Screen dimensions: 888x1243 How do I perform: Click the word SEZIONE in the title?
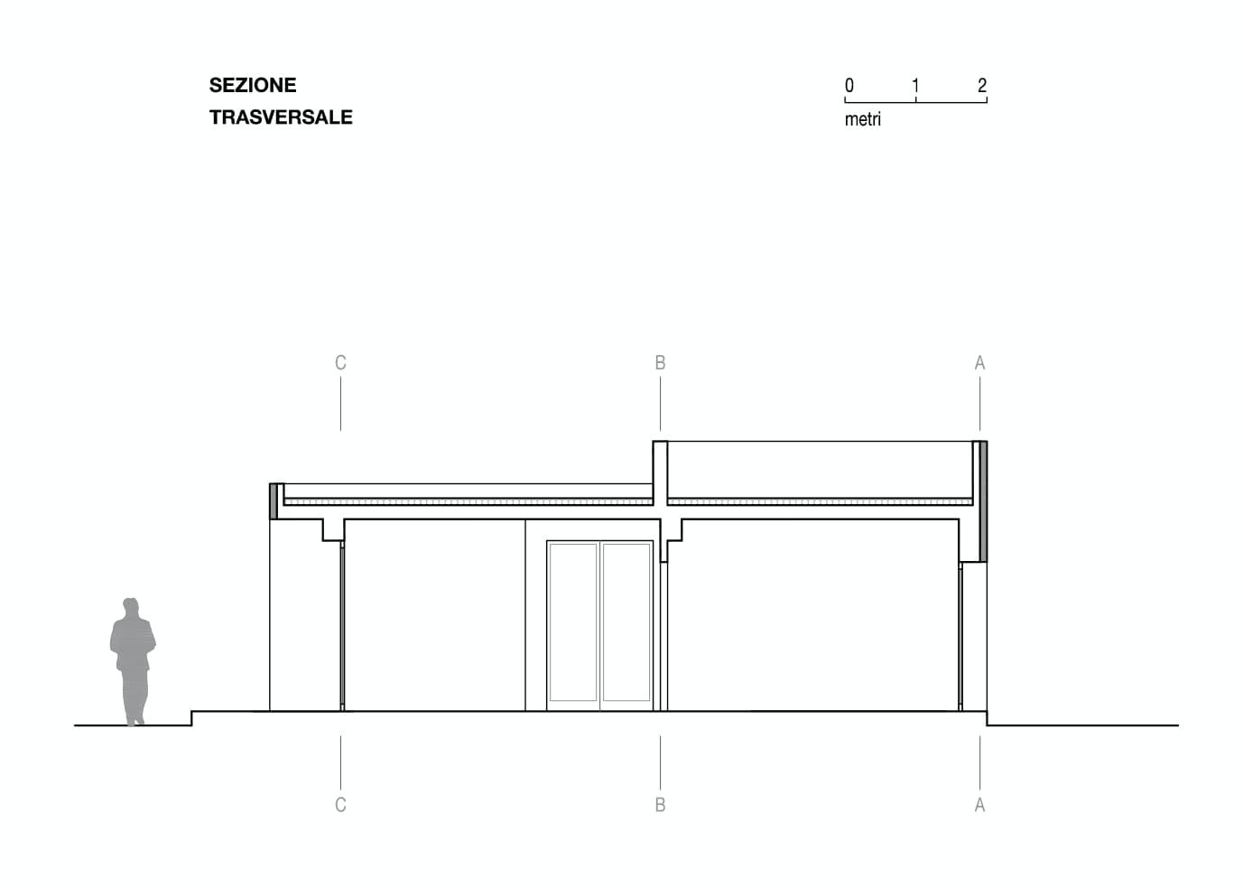253,85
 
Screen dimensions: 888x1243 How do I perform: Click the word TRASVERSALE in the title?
281,117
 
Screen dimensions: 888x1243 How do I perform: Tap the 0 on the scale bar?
849,86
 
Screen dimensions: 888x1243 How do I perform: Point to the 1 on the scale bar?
915,86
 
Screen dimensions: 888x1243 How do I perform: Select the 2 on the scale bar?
982,86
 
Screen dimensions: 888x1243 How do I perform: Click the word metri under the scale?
863,119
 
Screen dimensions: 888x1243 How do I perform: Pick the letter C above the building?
340,363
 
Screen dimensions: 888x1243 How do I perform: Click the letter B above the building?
660,363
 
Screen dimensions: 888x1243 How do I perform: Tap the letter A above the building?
979,363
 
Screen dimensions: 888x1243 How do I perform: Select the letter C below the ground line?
340,805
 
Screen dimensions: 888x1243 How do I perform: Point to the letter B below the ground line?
660,805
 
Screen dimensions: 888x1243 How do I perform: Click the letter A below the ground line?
979,805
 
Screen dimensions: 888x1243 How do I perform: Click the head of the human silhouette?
131,607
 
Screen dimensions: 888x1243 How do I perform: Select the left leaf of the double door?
573,622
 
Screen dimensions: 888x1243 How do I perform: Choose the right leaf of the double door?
626,622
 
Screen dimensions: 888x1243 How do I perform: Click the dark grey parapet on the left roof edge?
274,501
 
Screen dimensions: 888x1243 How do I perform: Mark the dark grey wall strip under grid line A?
983,501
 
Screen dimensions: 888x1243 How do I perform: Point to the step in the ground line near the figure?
191,718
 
